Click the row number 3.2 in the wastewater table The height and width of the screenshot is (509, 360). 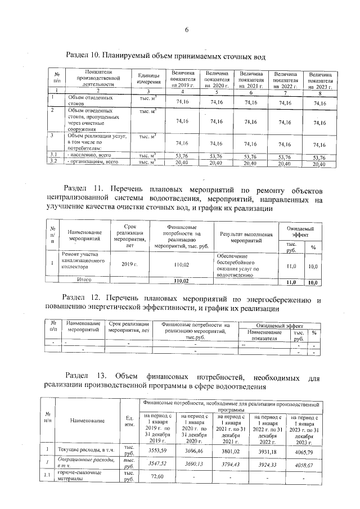(55, 162)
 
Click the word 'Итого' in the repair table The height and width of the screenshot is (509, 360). (84, 280)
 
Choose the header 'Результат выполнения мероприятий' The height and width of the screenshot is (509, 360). (246, 236)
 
